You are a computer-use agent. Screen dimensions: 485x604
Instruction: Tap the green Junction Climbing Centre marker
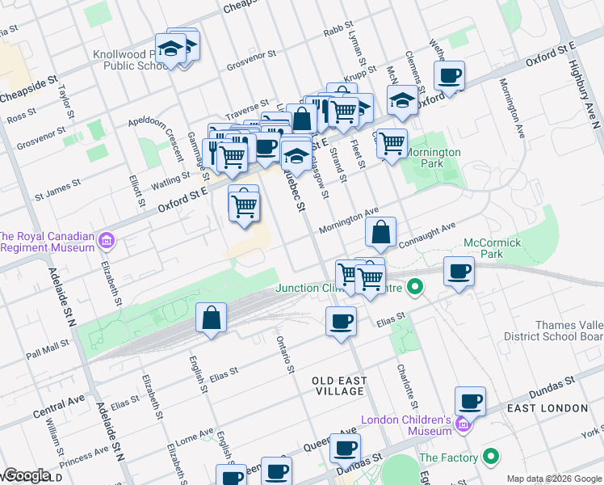[x=415, y=288]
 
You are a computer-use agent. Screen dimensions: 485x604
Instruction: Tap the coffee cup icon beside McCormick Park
[x=459, y=272]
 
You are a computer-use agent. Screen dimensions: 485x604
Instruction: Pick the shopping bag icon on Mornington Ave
[x=381, y=232]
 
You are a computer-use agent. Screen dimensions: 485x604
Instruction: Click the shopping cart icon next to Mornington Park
[x=392, y=143]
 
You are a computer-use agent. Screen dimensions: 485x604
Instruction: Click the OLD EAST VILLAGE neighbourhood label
[x=340, y=386]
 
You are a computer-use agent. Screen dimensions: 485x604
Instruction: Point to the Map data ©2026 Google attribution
[x=553, y=479]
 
